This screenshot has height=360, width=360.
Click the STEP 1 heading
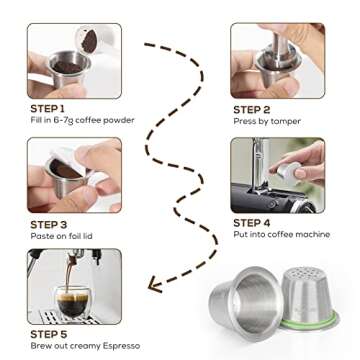(x=46, y=108)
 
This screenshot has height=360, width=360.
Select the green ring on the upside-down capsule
(x=304, y=327)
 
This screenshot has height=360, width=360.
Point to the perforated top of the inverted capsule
(x=304, y=277)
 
